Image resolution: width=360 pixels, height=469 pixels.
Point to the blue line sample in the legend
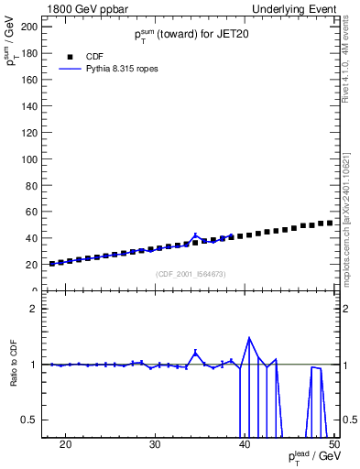tap(71, 69)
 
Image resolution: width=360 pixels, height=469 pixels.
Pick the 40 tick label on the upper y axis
tap(30, 238)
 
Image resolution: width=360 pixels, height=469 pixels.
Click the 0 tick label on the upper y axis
tap(34, 290)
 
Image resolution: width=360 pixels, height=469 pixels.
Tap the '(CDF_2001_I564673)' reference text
tap(191, 275)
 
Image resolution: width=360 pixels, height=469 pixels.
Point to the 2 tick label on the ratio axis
tap(34, 309)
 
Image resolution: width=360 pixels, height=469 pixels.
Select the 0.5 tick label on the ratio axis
tap(29, 420)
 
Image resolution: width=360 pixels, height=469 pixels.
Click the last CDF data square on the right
tap(330, 223)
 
